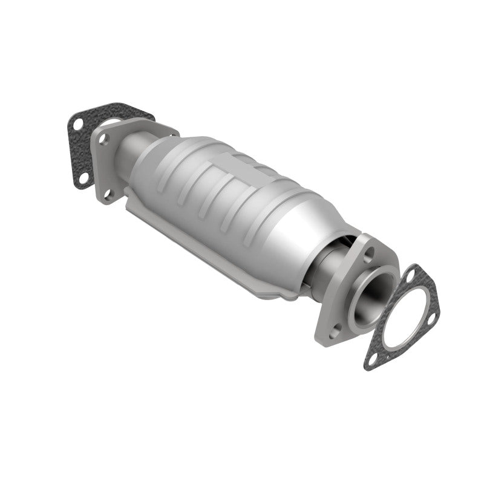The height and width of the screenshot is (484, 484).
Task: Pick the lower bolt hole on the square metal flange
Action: [x=109, y=194]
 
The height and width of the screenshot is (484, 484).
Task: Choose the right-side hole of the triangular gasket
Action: [x=433, y=315]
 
